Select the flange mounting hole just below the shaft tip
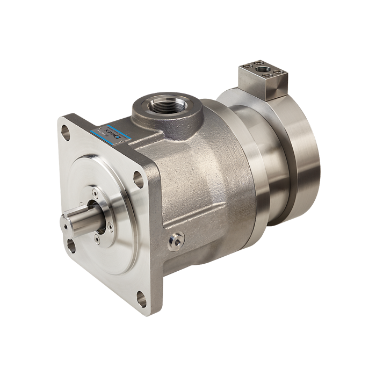72,246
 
